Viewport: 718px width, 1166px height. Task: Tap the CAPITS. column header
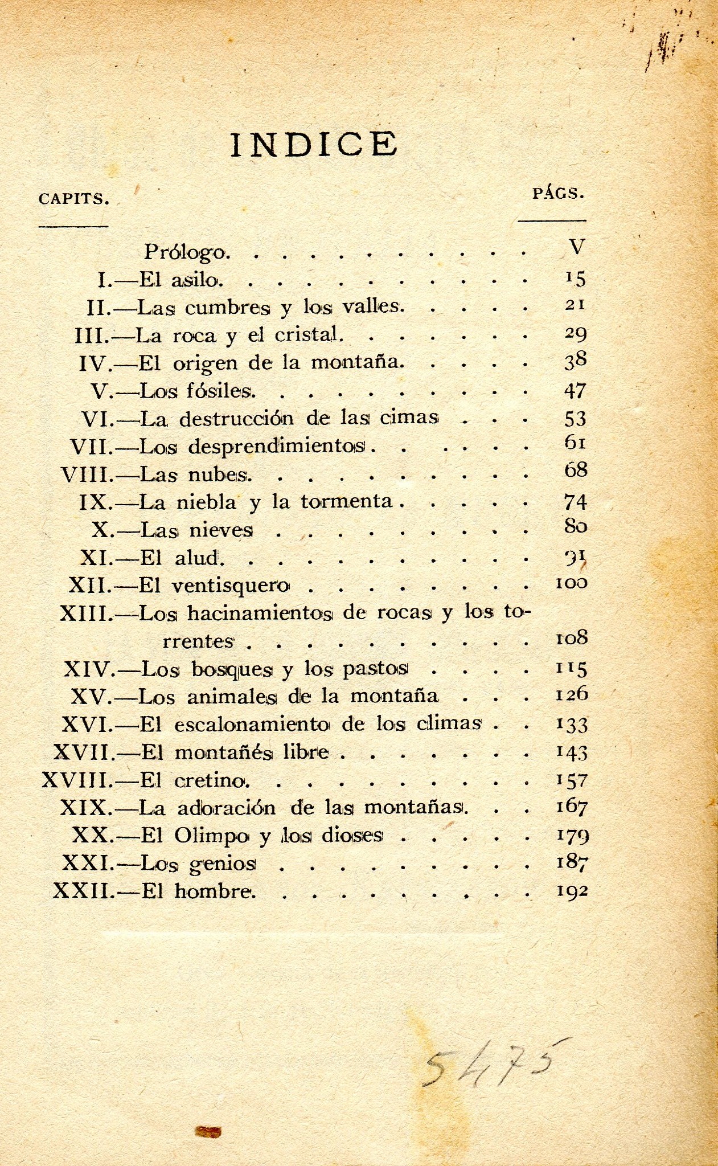[73, 199]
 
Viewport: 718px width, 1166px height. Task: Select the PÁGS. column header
[558, 194]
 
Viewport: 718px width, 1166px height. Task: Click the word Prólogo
[186, 251]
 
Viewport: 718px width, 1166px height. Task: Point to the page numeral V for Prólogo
[576, 247]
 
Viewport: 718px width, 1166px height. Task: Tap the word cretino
[212, 780]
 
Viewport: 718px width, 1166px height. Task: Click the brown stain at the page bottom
[208, 1131]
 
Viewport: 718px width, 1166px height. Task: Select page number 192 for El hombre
[572, 891]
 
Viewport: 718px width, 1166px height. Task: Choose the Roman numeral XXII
[83, 890]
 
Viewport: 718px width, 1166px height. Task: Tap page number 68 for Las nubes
[575, 471]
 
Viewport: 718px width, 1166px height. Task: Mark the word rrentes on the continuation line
[198, 641]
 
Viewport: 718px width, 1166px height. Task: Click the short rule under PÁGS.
[552, 220]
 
